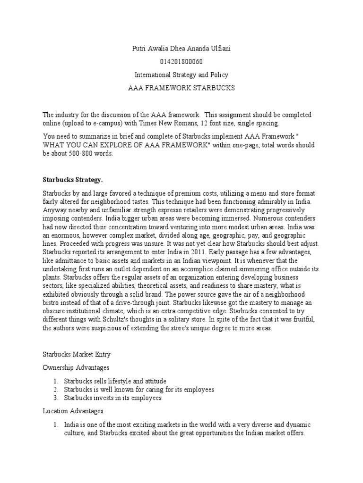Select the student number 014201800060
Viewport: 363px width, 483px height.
pyautogui.click(x=181, y=62)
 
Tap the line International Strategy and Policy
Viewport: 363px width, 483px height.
pyautogui.click(x=181, y=75)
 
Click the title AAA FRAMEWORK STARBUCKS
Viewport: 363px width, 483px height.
pyautogui.click(x=181, y=88)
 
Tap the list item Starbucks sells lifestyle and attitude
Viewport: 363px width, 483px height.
pyautogui.click(x=116, y=381)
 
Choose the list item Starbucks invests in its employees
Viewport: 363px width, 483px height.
pyautogui.click(x=113, y=398)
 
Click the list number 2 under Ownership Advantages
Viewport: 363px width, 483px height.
pyautogui.click(x=55, y=390)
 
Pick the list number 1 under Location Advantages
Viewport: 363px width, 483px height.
pyautogui.click(x=55, y=425)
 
